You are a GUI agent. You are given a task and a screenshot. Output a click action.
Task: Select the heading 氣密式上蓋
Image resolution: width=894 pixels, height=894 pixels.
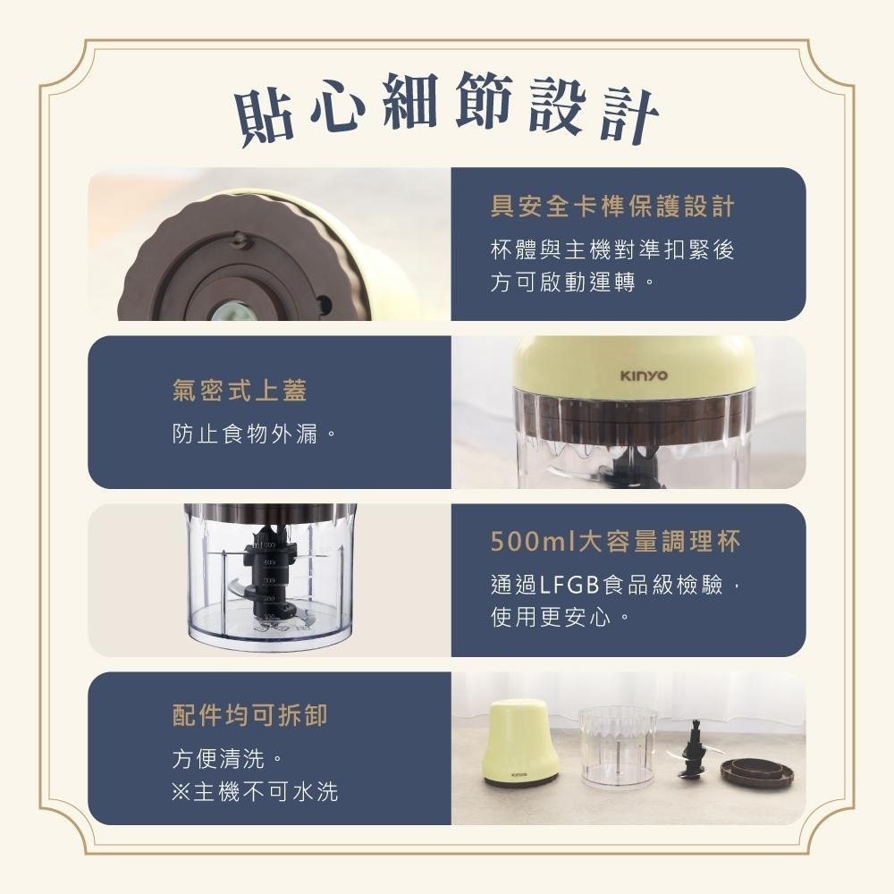pos(240,390)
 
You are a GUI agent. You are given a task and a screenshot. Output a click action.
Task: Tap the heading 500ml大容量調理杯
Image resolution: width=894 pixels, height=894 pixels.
pos(615,542)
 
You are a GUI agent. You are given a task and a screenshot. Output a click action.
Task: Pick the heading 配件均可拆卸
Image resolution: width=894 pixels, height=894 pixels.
pos(249,714)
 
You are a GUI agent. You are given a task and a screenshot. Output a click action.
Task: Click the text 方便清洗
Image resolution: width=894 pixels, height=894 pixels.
pos(227,760)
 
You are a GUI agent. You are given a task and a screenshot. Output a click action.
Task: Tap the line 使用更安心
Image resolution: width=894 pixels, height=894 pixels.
pos(560,617)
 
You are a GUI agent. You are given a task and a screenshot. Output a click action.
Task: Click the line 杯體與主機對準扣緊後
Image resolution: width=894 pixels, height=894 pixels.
pos(611,250)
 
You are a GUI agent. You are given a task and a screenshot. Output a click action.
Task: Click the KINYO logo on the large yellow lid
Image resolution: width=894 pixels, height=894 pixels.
pos(644,375)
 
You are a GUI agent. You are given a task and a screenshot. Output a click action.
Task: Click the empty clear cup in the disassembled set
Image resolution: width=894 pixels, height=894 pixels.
pos(617,747)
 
